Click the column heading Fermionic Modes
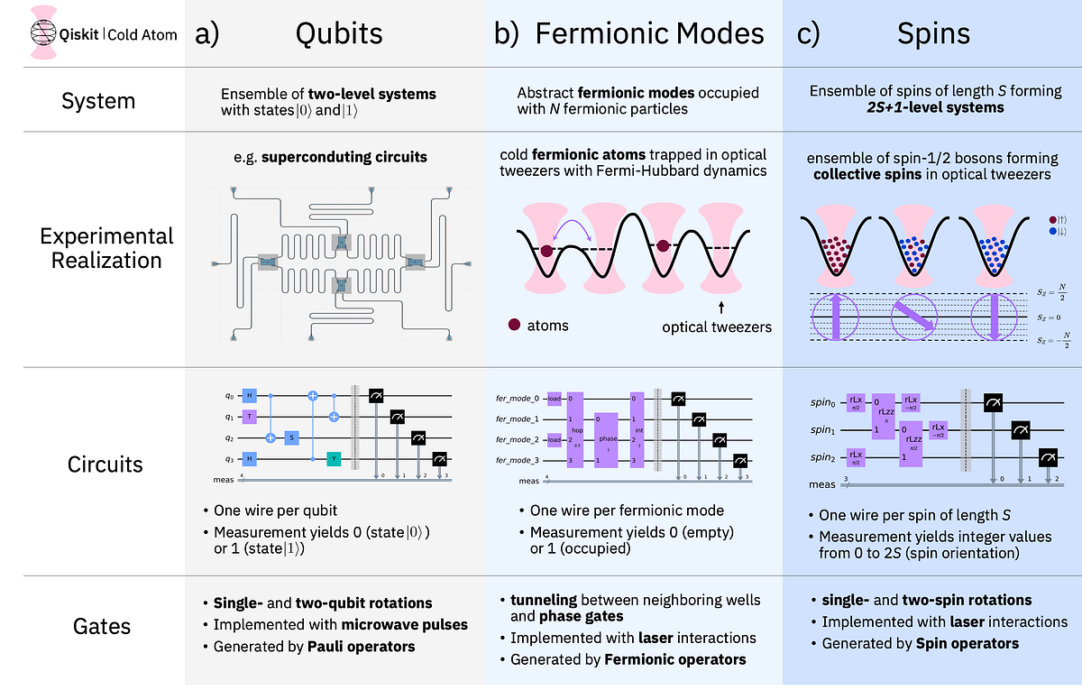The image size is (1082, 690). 649,33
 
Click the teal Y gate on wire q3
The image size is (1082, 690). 334,459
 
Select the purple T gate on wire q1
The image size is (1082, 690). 249,417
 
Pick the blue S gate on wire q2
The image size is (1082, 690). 291,437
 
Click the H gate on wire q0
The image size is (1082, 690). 249,396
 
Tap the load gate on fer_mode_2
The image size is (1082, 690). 555,439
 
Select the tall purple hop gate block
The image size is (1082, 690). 574,428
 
